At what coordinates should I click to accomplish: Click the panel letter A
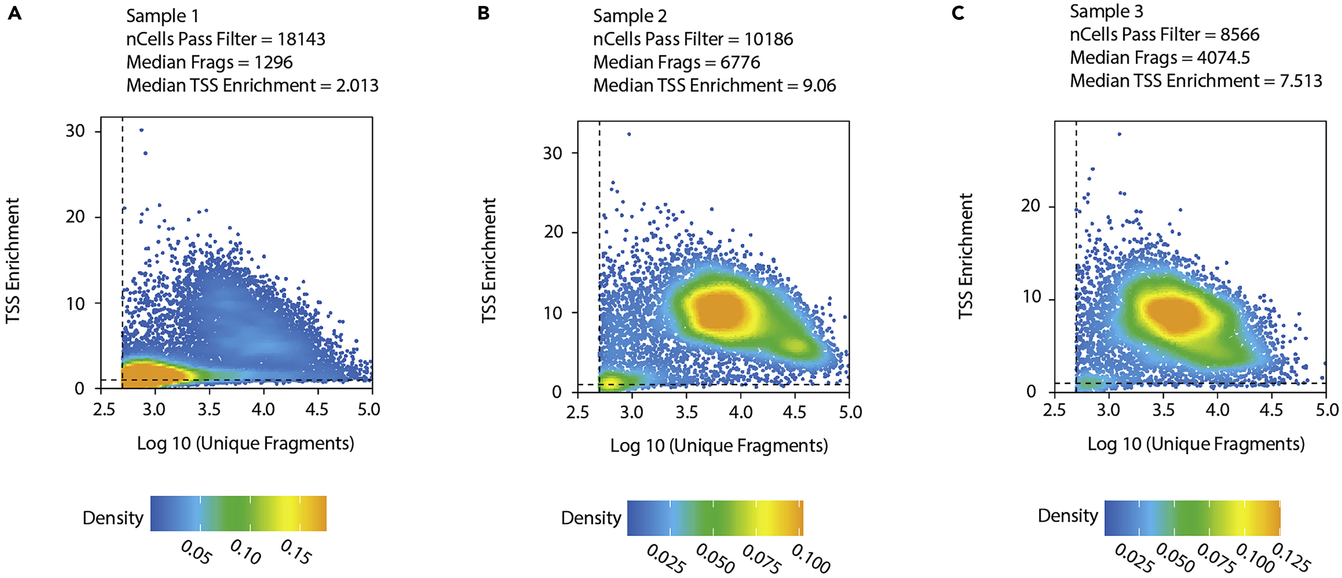pos(15,13)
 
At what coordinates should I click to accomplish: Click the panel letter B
pos(483,13)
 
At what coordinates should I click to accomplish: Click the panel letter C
pos(958,13)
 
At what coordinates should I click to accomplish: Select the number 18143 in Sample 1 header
pos(301,39)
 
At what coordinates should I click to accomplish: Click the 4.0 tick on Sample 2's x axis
pos(740,412)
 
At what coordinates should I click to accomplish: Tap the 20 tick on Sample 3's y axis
pos(1031,206)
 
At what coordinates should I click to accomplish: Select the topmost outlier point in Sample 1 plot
pos(141,130)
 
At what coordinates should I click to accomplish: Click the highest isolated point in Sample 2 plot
pos(629,134)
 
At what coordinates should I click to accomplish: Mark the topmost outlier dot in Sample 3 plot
pos(1119,134)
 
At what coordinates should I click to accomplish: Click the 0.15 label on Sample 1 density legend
pos(296,552)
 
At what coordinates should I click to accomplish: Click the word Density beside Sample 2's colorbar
pos(591,518)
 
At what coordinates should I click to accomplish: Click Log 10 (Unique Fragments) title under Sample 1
pos(245,444)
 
